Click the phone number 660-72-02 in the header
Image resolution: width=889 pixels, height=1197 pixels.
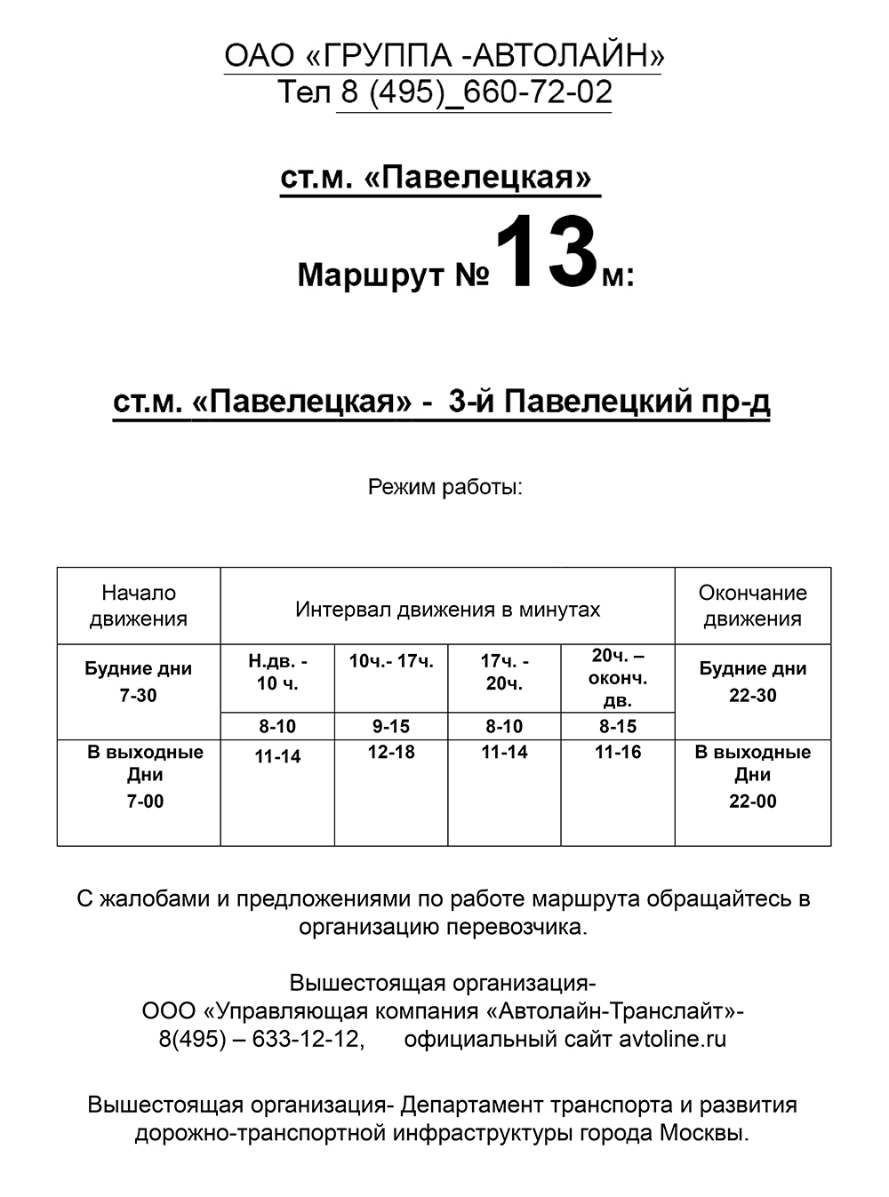click(x=538, y=92)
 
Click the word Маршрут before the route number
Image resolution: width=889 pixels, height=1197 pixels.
click(x=371, y=275)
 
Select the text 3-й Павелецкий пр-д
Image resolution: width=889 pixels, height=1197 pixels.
click(x=609, y=402)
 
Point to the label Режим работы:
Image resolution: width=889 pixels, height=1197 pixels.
click(x=444, y=487)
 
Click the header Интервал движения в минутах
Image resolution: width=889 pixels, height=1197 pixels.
click(x=447, y=610)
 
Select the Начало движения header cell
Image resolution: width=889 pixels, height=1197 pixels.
click(x=139, y=606)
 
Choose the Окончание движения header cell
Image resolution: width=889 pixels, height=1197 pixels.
click(x=752, y=606)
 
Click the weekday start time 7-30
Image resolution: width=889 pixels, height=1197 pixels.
click(x=138, y=696)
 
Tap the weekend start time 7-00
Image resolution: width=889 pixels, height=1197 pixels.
click(x=145, y=802)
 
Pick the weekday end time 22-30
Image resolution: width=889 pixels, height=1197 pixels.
click(x=752, y=696)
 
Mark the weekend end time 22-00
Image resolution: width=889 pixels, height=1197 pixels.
click(x=752, y=802)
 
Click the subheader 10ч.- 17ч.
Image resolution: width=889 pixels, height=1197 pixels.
click(x=391, y=661)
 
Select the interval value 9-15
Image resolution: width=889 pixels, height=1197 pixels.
click(x=391, y=726)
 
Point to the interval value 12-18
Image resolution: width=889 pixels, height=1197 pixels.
click(x=391, y=752)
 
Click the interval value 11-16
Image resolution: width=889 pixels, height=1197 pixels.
click(x=618, y=752)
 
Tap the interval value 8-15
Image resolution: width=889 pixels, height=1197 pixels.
click(x=618, y=726)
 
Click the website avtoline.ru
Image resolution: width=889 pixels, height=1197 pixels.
click(x=672, y=1039)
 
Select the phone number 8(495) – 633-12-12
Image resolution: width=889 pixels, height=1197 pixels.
click(x=261, y=1039)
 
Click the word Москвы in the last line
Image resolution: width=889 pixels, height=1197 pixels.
click(x=702, y=1134)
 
